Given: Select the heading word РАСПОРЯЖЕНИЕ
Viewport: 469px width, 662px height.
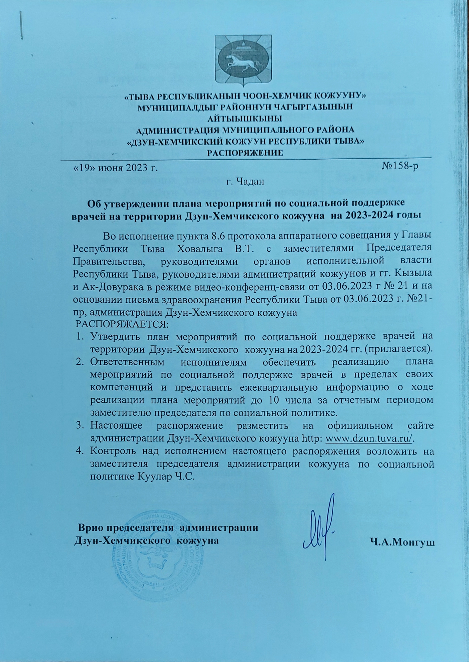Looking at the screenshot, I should coord(245,153).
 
